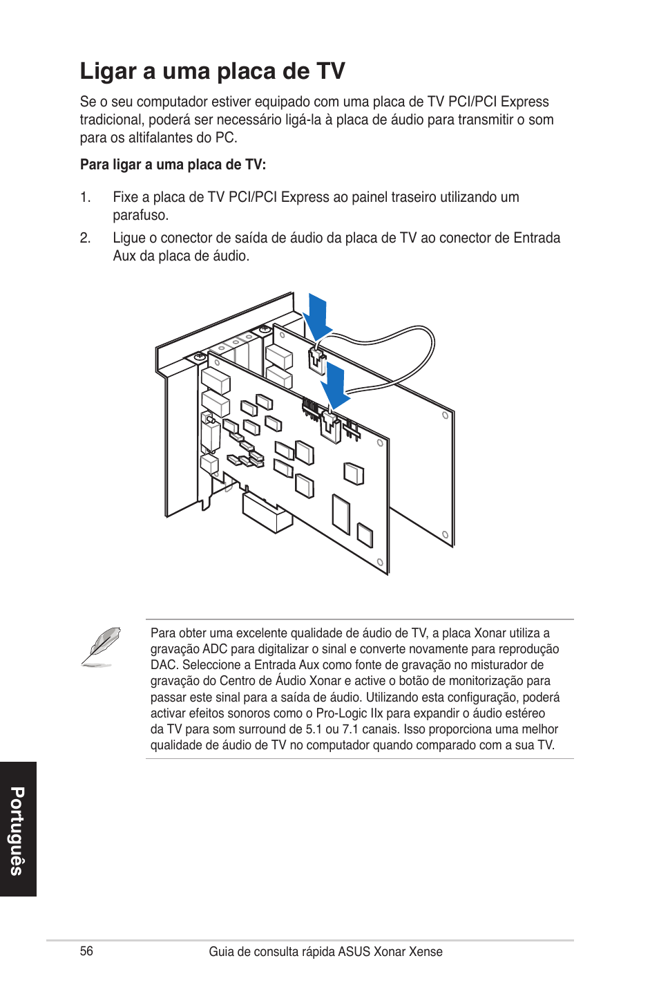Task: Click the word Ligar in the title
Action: click(x=108, y=72)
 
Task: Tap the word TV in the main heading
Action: click(x=331, y=71)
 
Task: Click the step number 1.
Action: click(x=85, y=198)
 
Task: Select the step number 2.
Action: click(x=85, y=238)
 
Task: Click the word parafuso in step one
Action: click(x=140, y=215)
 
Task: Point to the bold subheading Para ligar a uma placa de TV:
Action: click(x=173, y=165)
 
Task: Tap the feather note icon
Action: click(x=101, y=647)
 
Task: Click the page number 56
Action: click(x=86, y=951)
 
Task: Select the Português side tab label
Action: click(x=17, y=830)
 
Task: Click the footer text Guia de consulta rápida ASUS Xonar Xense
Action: click(x=325, y=952)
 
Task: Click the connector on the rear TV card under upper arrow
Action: click(x=316, y=359)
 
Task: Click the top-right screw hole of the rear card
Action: click(x=446, y=415)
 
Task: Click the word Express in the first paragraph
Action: click(x=524, y=102)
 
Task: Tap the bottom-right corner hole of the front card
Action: click(x=380, y=563)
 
